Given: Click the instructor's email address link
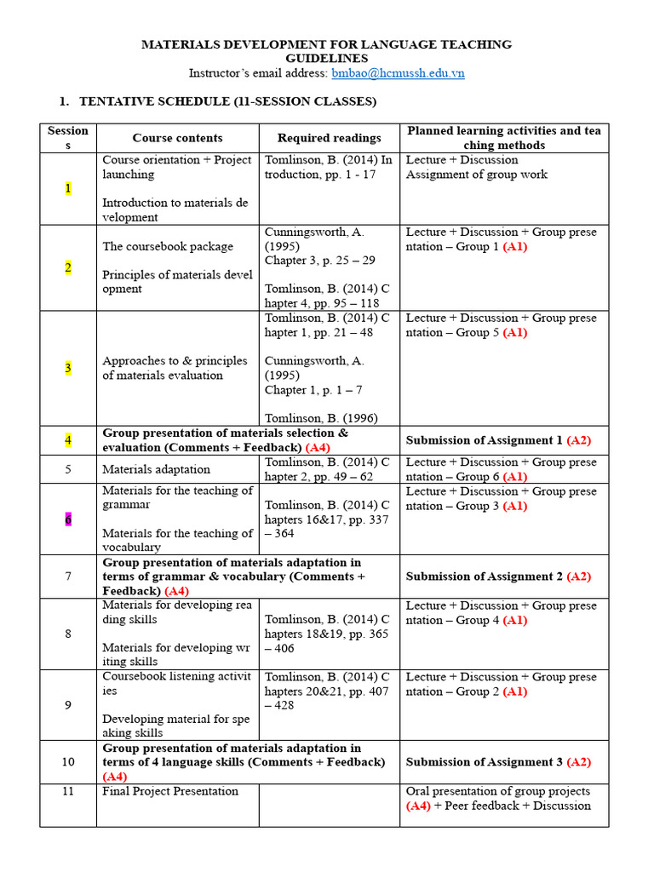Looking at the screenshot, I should tap(398, 73).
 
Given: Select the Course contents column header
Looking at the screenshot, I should tap(177, 138).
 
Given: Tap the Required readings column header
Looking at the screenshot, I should tap(330, 138).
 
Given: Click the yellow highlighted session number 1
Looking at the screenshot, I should tap(68, 188).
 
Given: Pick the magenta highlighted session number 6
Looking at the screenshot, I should tap(68, 519).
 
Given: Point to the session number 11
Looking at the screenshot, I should tap(68, 791).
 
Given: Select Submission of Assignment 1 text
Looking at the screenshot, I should tap(498, 440).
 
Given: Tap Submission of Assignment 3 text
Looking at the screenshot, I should tap(498, 762).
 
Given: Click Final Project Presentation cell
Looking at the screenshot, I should tap(170, 791).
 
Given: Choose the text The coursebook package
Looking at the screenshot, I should tap(167, 246).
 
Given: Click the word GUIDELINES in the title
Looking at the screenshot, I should tap(326, 59).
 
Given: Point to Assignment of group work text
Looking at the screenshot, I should tap(476, 175).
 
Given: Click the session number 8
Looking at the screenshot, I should tap(68, 634).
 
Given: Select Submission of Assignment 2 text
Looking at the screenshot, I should tap(498, 577).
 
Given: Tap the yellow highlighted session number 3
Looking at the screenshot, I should tap(68, 368).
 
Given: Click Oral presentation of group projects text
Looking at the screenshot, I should tap(497, 791).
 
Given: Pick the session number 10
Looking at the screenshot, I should tap(68, 762).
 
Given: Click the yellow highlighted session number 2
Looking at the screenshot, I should tap(68, 267).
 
